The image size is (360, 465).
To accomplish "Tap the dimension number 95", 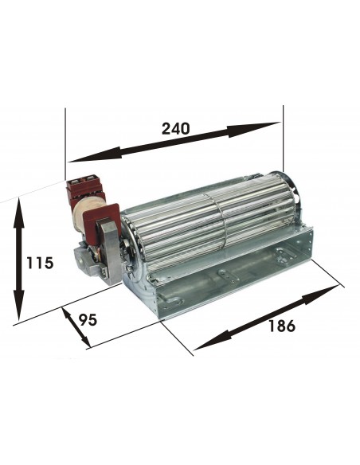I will pyautogui.click(x=88, y=321).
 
